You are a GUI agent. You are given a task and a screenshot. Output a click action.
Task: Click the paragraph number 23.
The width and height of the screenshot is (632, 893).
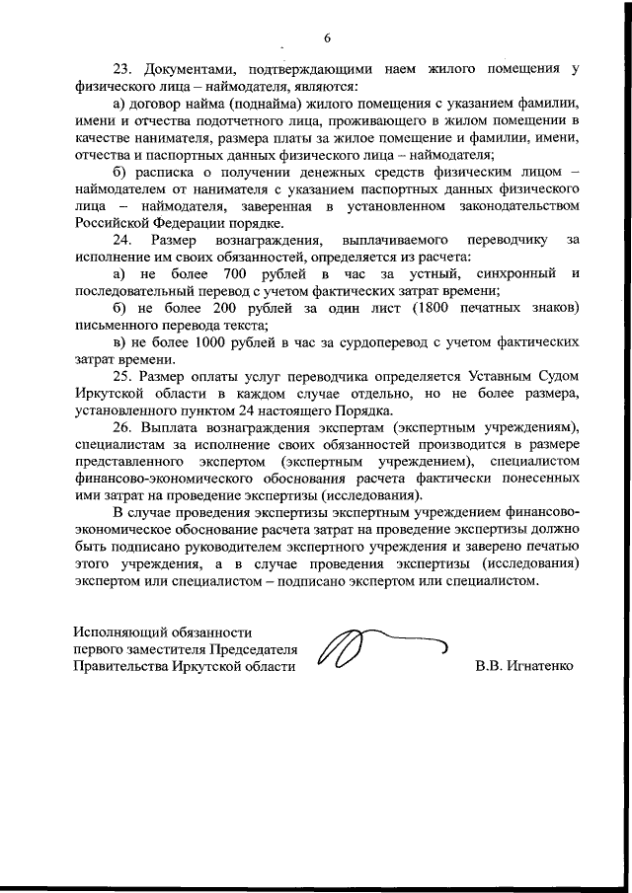click(x=122, y=69)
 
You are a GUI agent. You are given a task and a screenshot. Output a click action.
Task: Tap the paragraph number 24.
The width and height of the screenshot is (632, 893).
click(x=122, y=240)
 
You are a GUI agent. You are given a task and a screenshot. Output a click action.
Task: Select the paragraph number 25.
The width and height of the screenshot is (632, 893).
click(x=122, y=376)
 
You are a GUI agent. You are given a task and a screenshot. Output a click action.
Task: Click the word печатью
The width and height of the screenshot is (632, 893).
click(x=542, y=548)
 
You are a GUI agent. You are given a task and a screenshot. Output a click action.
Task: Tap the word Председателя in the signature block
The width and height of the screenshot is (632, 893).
click(x=250, y=649)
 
